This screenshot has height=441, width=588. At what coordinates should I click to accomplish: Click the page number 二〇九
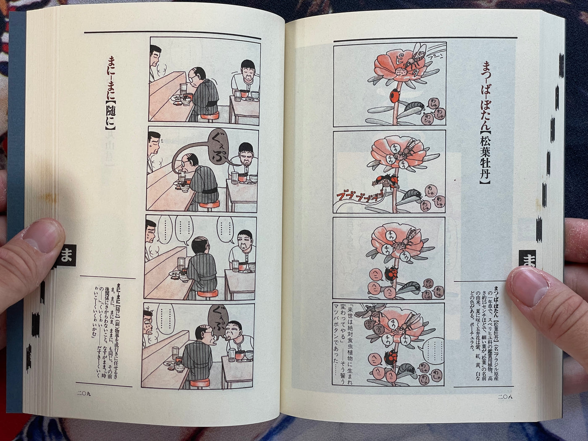point(84,393)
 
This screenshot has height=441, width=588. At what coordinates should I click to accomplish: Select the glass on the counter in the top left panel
point(183,89)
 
